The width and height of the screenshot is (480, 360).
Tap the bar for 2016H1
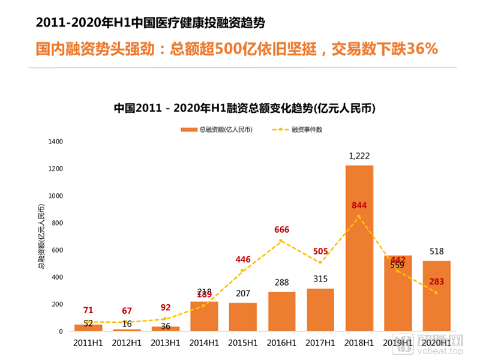pos(282,311)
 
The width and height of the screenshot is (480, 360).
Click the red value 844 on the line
pos(359,205)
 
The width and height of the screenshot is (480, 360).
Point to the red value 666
pos(282,230)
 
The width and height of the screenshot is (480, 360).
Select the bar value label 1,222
pos(359,156)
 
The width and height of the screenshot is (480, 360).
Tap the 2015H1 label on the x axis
pos(243,343)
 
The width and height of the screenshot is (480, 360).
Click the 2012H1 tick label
pos(127,343)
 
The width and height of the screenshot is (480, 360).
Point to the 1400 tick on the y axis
pos(55,142)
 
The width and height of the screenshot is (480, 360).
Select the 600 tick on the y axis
pos(57,250)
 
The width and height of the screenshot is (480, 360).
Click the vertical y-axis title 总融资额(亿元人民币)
pos(41,236)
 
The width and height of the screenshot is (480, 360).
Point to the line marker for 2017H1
pos(320,262)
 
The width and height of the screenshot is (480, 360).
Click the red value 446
pos(243,259)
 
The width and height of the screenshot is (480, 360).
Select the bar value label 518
pos(437,252)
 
